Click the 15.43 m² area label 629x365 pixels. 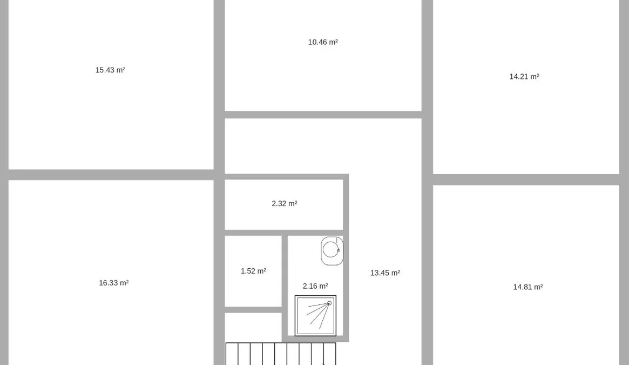click(110, 70)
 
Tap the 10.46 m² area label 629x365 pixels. click(323, 42)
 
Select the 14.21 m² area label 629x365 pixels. click(524, 77)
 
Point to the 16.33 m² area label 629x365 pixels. click(114, 283)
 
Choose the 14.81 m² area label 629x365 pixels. click(528, 287)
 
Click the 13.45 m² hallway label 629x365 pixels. click(385, 273)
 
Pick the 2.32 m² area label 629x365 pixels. click(285, 204)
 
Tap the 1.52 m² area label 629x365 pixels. click(254, 271)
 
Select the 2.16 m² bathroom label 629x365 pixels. click(315, 286)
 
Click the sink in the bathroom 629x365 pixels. click(332, 251)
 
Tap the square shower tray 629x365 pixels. click(315, 316)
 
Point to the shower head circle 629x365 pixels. click(329, 303)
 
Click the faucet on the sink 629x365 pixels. click(338, 250)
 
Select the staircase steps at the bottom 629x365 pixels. click(281, 354)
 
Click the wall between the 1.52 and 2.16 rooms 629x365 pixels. click(285, 286)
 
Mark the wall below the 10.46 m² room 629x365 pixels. click(323, 115)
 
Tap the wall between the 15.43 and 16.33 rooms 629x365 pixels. click(111, 175)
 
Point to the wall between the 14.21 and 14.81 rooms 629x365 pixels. click(526, 180)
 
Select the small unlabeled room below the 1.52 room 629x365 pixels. click(253, 327)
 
